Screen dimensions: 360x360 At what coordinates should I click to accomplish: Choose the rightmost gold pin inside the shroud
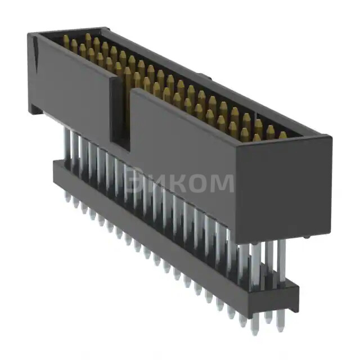tap(283, 135)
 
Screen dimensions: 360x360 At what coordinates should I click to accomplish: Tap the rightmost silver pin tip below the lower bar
tap(280, 326)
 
